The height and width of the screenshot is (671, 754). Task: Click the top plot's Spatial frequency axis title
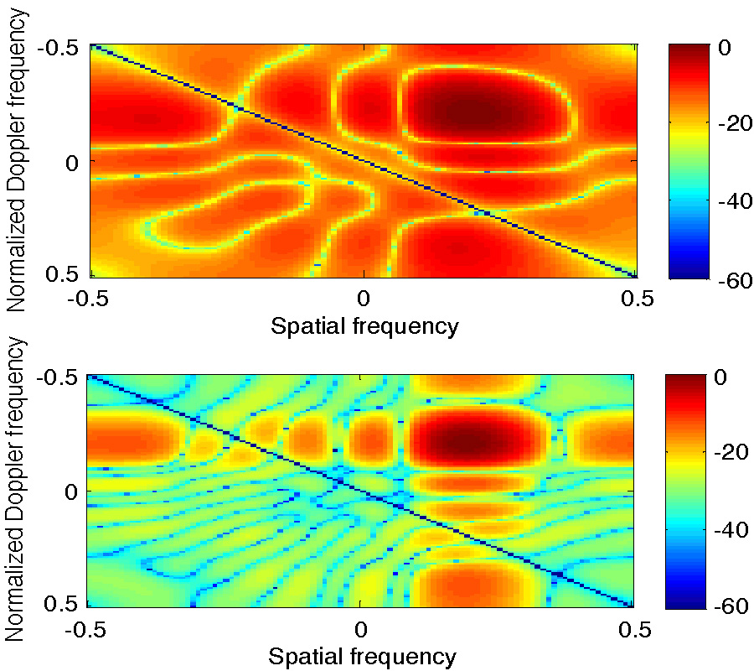pyautogui.click(x=364, y=325)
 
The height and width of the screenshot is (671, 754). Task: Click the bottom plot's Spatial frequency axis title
pyautogui.click(x=362, y=656)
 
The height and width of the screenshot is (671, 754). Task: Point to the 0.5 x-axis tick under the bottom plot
pyautogui.click(x=634, y=628)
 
